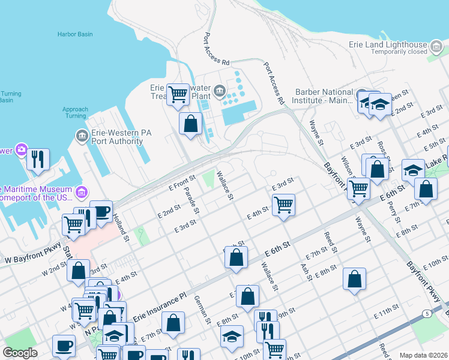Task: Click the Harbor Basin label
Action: [75, 34]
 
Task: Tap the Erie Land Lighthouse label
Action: [388, 44]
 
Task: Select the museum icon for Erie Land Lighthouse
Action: [436, 45]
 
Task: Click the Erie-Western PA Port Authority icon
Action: [82, 137]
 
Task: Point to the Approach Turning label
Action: [75, 112]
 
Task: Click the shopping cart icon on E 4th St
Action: [284, 204]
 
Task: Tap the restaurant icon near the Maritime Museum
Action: [37, 159]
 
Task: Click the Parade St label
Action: [191, 202]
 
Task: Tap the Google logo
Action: [20, 353]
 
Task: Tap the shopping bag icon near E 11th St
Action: [355, 279]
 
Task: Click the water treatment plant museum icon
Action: [220, 92]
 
